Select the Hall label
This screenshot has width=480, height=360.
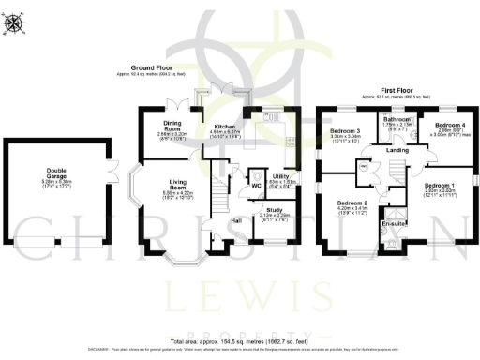[239, 221]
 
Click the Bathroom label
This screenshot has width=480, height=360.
[395, 119]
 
